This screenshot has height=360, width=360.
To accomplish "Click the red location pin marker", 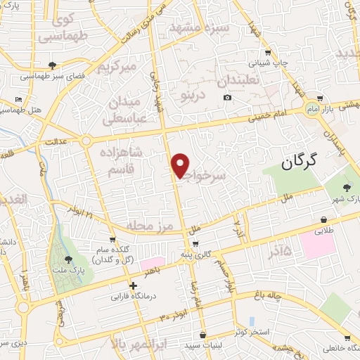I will [x=181, y=165].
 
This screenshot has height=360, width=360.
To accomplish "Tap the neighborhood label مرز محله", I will [x=150, y=225].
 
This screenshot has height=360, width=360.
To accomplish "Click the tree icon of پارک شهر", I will [x=347, y=186].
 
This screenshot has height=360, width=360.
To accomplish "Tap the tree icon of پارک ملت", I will [x=67, y=261].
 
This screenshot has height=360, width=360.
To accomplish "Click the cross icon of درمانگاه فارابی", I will [x=133, y=285].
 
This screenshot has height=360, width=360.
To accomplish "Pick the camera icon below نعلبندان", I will [x=226, y=96].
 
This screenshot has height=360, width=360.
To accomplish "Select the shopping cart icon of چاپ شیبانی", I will [x=267, y=53].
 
